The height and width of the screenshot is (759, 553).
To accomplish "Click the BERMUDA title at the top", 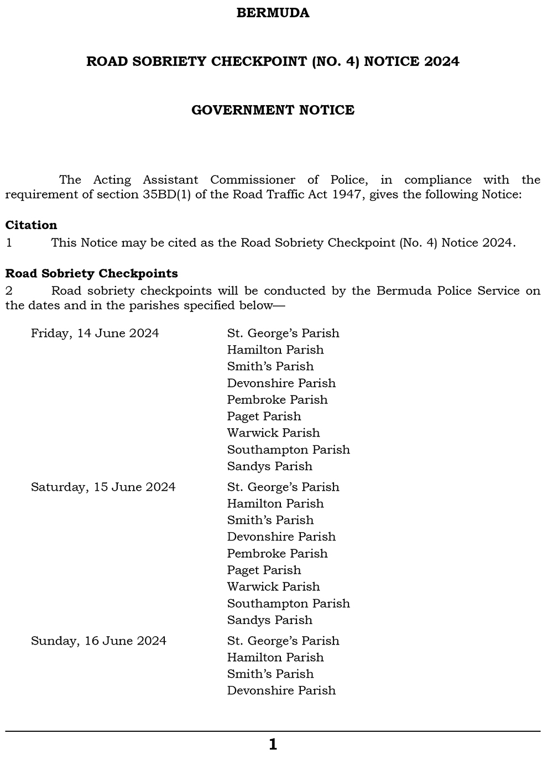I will [x=273, y=13].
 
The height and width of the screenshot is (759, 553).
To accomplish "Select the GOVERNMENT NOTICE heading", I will [x=273, y=110].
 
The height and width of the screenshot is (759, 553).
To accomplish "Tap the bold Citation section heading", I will [x=31, y=225].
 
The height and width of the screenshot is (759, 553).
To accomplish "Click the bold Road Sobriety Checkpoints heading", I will [x=91, y=273].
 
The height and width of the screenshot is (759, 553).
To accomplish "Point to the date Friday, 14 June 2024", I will [x=95, y=333].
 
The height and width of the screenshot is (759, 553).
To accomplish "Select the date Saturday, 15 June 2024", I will [x=103, y=487].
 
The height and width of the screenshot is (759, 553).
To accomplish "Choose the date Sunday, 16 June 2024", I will [x=98, y=641].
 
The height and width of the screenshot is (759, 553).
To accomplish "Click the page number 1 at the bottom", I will [x=273, y=745].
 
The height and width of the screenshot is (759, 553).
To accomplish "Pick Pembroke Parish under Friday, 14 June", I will [x=277, y=399].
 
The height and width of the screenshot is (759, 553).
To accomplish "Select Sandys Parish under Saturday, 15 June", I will [x=269, y=620].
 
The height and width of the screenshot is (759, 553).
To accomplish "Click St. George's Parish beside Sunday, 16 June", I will [x=283, y=641].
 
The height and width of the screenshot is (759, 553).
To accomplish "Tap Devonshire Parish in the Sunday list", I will [x=281, y=690].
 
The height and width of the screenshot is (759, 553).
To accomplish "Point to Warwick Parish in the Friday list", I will [x=273, y=433].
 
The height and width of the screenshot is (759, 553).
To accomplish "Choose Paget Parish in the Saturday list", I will [x=264, y=570].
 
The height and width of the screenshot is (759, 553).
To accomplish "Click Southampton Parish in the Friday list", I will [x=288, y=449].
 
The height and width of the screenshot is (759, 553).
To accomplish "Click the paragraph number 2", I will [x=8, y=290].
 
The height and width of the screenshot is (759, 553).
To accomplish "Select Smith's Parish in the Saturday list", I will [x=270, y=520].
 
